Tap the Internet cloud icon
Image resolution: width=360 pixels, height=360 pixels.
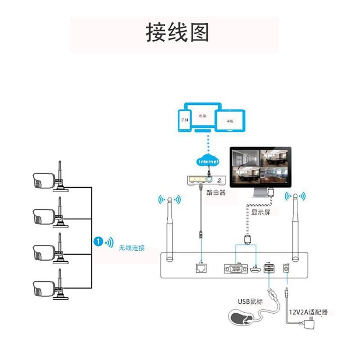(x=208, y=161)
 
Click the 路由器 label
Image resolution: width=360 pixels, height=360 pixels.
(x=216, y=193)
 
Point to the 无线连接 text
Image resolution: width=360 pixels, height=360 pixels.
(x=132, y=247)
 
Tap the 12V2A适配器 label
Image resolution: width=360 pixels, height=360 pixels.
(x=308, y=312)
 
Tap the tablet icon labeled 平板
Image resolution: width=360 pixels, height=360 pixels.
(x=230, y=121)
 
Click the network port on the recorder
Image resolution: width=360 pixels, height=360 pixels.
(x=201, y=268)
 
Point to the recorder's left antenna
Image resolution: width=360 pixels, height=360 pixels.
(x=169, y=229)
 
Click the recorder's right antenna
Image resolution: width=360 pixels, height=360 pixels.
(x=296, y=227)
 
